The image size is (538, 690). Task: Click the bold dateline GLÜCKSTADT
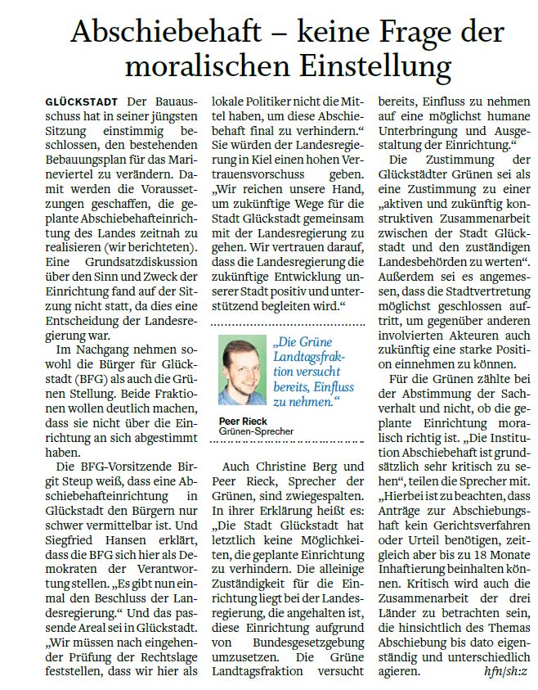(x=83, y=101)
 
